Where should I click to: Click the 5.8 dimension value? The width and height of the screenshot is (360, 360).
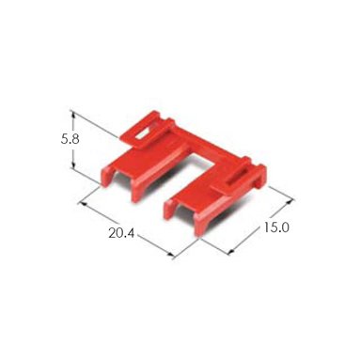(x=70, y=139)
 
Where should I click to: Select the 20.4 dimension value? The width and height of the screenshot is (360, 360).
(x=121, y=233)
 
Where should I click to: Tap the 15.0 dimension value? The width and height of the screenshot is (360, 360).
(x=275, y=227)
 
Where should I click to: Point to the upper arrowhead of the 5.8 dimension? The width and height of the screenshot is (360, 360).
(x=73, y=115)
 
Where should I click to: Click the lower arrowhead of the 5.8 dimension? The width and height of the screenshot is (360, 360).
(x=73, y=164)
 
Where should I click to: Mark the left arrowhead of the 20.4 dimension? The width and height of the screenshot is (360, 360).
(x=84, y=204)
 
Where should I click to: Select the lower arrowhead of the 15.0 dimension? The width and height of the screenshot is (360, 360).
(x=232, y=251)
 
